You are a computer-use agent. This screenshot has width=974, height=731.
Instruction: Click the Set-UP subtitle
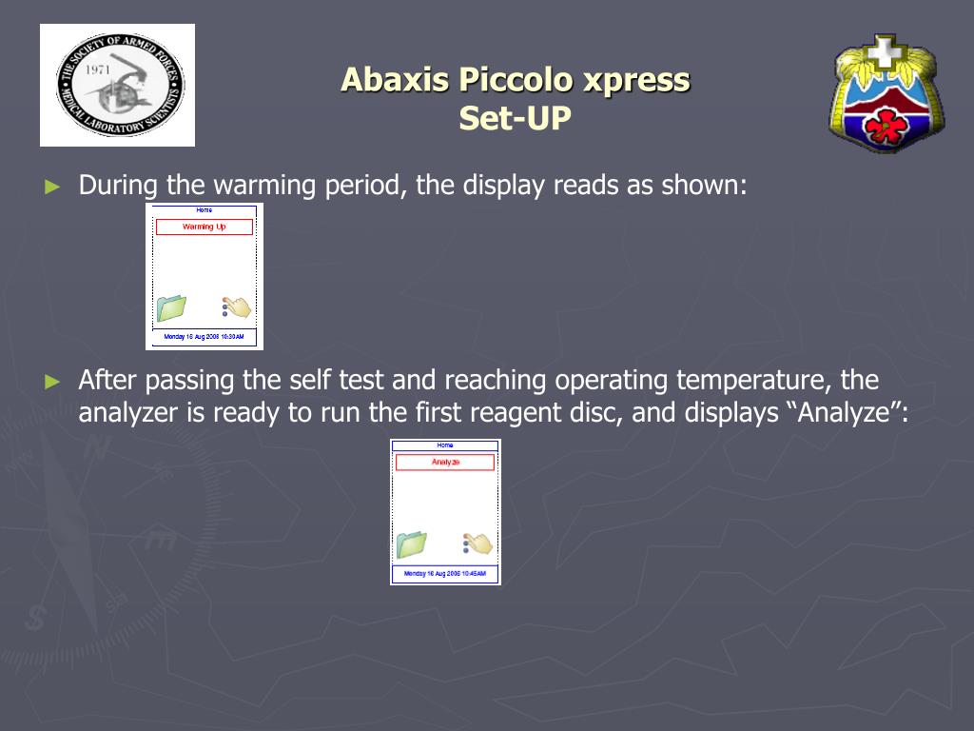515,119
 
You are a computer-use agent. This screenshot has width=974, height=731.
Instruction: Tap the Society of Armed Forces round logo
118,85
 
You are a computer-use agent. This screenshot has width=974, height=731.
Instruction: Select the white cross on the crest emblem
886,49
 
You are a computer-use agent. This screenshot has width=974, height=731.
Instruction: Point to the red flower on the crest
887,125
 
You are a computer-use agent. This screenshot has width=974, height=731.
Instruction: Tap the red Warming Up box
205,227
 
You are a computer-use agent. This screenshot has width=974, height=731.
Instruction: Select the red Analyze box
445,463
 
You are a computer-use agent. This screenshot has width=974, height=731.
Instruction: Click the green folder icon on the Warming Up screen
171,308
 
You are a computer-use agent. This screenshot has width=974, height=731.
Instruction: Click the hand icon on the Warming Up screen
236,306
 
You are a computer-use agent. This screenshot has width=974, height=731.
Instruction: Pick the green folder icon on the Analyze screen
411,544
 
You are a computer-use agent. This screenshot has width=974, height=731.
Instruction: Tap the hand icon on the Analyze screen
477,543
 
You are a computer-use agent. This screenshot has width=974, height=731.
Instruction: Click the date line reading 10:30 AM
205,337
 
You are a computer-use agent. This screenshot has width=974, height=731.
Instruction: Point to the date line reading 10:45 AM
445,574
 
